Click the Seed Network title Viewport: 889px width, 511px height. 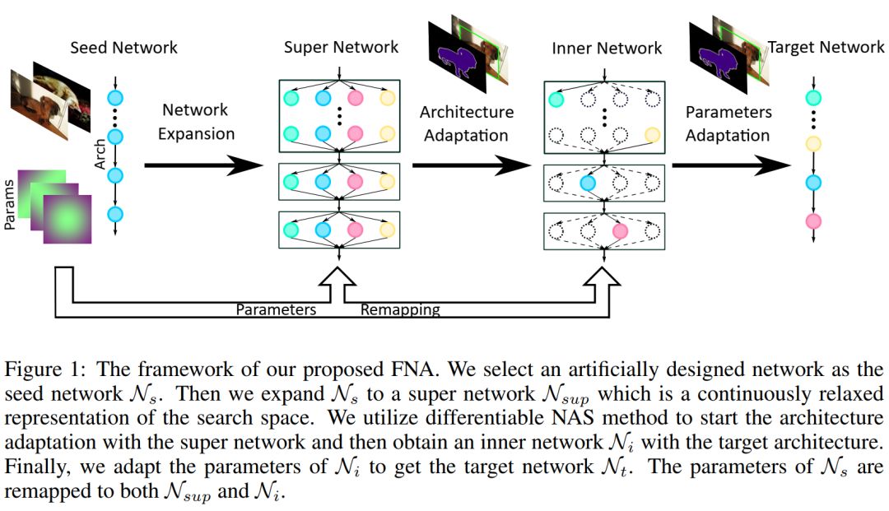tap(123, 48)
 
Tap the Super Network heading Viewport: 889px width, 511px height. tap(341, 47)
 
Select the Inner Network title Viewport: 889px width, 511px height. tap(607, 49)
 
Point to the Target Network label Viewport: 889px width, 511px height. tap(826, 47)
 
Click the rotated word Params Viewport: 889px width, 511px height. tap(9, 205)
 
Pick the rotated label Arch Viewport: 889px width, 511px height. tap(100, 154)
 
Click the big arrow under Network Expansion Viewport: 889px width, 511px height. tap(204, 165)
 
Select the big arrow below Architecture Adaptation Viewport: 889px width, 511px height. tap(472, 165)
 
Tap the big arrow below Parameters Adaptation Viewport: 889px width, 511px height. tap(732, 165)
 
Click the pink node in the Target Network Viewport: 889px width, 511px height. tap(813, 221)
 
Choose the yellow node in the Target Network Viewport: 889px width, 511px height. tap(813, 144)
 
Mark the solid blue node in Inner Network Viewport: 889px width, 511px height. tap(588, 183)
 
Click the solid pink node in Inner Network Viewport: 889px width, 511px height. tap(621, 231)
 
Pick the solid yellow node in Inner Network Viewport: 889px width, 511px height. tap(653, 135)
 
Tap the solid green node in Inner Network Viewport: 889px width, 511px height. tap(556, 100)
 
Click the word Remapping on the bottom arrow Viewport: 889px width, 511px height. tap(400, 310)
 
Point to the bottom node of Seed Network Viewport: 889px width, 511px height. tap(115, 214)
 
